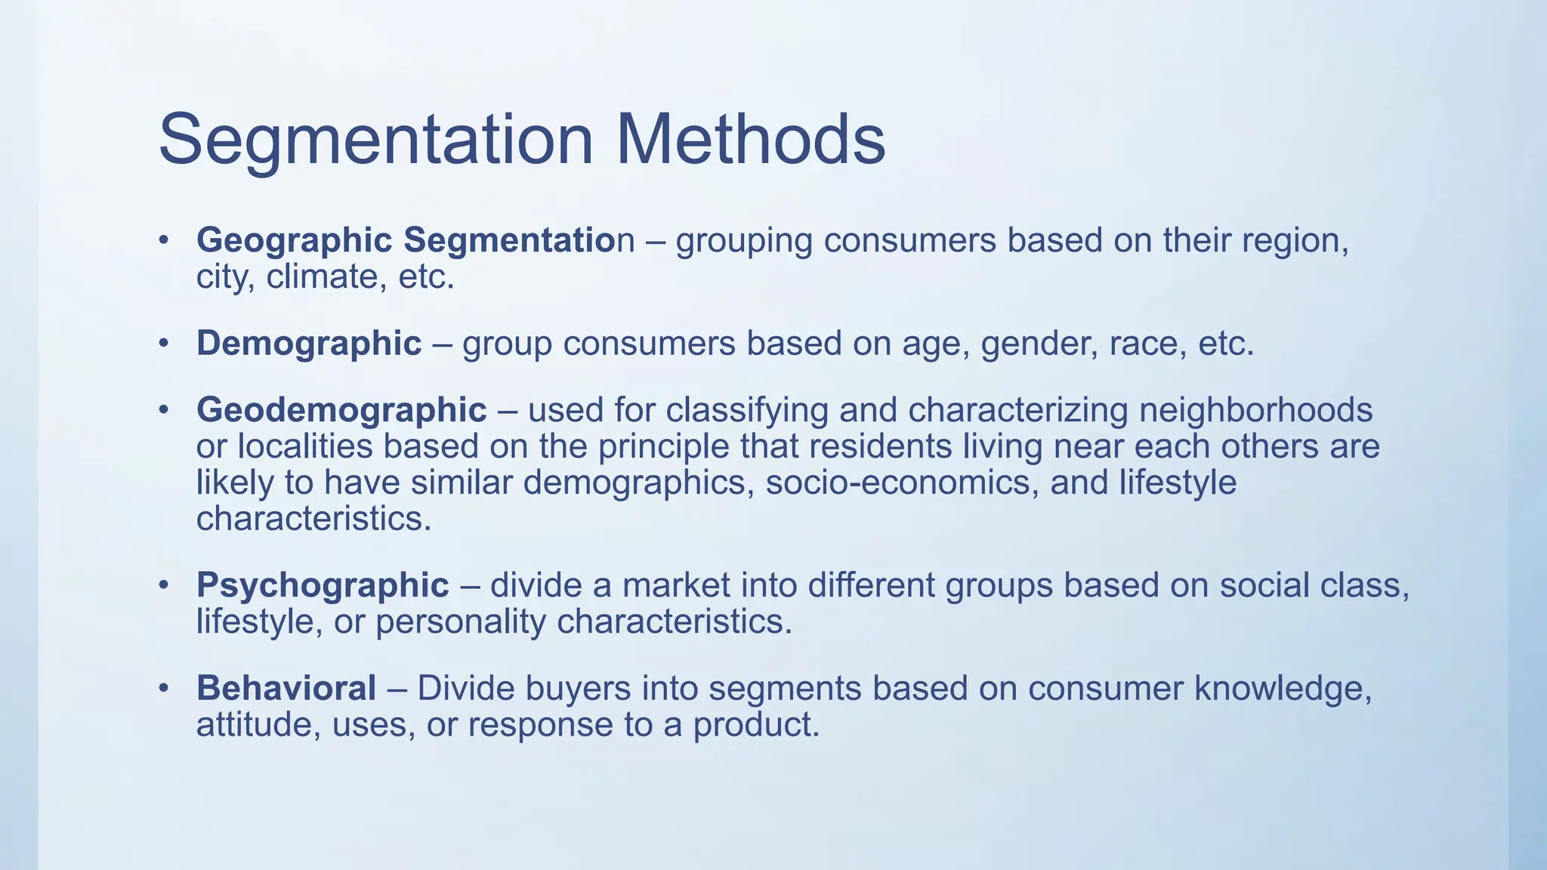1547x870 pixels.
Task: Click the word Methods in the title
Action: click(750, 140)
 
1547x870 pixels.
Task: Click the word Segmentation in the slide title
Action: click(375, 140)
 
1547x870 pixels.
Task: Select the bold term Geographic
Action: click(294, 241)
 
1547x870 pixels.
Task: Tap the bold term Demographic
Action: click(308, 344)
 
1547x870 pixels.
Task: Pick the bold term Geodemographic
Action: click(341, 410)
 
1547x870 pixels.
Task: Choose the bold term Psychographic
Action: click(323, 585)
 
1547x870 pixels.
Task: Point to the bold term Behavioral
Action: click(286, 688)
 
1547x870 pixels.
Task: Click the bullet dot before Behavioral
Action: click(163, 689)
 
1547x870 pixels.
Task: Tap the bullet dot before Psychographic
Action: click(163, 586)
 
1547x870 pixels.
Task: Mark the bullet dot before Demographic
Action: click(163, 344)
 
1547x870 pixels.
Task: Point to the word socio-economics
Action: click(897, 483)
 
